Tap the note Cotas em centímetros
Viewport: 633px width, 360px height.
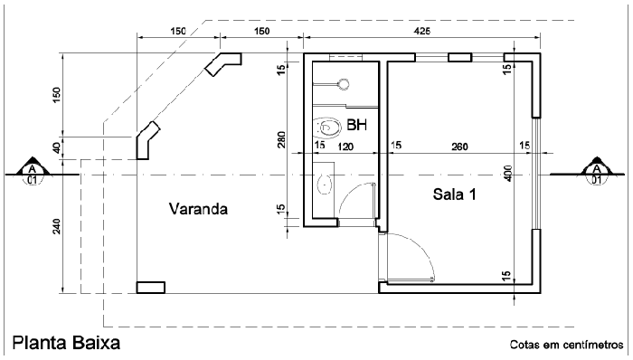pyautogui.click(x=566, y=345)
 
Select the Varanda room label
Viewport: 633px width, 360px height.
pyautogui.click(x=198, y=209)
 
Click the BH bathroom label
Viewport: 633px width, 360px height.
pyautogui.click(x=356, y=126)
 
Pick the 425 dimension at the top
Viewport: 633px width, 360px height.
pyautogui.click(x=421, y=32)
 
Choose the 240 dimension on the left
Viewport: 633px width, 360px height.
pyautogui.click(x=58, y=226)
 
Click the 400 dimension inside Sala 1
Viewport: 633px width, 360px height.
pyautogui.click(x=509, y=172)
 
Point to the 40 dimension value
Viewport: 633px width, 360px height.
pyautogui.click(x=58, y=147)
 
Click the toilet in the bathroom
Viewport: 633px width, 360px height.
pyautogui.click(x=325, y=127)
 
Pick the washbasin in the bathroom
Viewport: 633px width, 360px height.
pyautogui.click(x=326, y=184)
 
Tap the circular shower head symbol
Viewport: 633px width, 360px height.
pyautogui.click(x=343, y=84)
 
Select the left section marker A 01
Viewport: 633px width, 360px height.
pyautogui.click(x=33, y=169)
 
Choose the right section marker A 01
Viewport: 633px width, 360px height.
pyautogui.click(x=597, y=169)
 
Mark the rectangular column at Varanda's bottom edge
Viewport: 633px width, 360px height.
pyautogui.click(x=150, y=288)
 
